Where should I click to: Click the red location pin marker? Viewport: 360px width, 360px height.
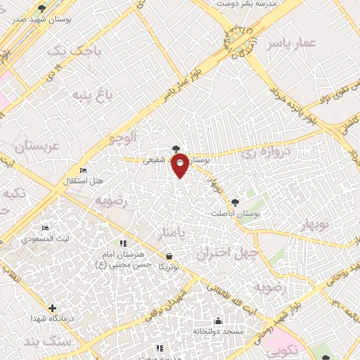point(180,165)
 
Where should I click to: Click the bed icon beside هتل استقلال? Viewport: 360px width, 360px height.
point(84,170)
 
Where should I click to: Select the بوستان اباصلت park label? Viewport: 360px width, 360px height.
point(236,212)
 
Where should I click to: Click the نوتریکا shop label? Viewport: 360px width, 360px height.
point(168,266)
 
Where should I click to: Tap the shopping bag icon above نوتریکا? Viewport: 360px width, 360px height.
point(168,256)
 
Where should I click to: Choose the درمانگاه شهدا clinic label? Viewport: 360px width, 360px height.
point(51,319)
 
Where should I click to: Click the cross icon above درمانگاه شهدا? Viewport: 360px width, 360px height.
point(52,308)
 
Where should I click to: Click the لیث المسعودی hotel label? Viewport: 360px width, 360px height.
point(44,239)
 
